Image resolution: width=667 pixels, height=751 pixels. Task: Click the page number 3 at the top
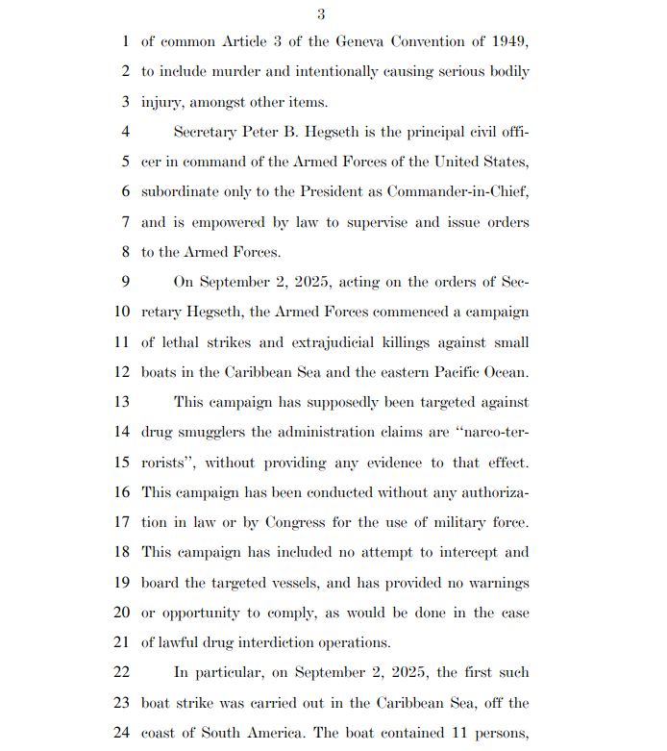tap(321, 13)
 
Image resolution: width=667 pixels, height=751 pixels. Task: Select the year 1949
tap(509, 41)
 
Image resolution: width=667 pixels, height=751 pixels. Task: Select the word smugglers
tap(213, 433)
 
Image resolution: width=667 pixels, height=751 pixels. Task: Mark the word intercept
tap(461, 552)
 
